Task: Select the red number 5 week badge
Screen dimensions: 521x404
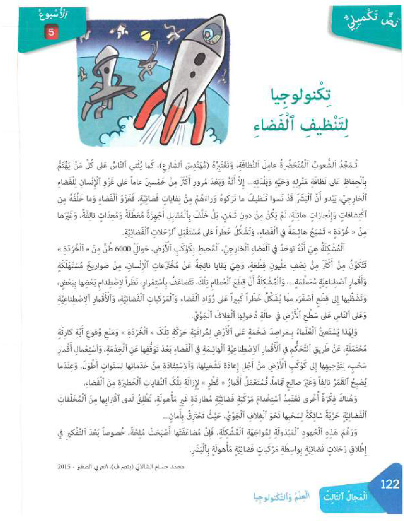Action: (x=51, y=33)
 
